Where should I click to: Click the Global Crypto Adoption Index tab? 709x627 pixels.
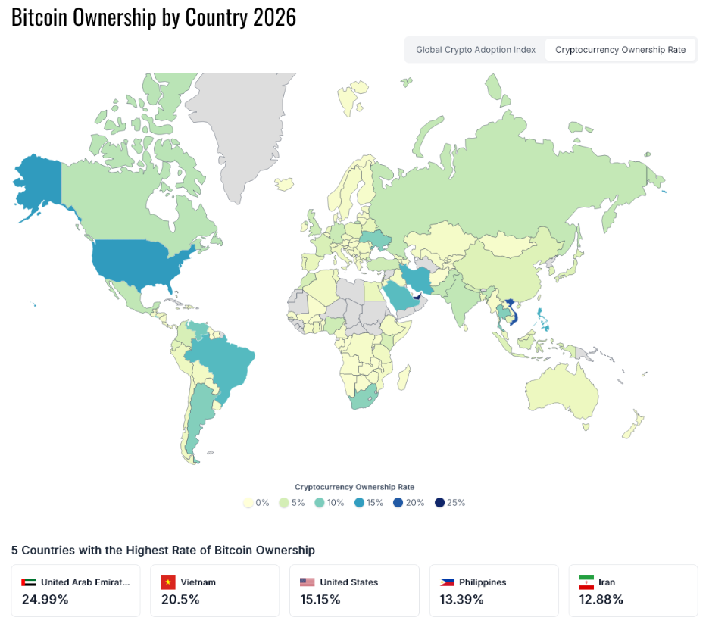pos(476,50)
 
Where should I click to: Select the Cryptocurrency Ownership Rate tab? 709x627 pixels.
pos(620,50)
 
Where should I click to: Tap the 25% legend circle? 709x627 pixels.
pos(439,503)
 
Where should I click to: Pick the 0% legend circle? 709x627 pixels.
pos(248,503)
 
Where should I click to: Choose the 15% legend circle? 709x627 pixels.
pos(359,503)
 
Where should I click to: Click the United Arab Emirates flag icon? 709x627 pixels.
pos(29,582)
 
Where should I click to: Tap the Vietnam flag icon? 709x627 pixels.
pos(168,582)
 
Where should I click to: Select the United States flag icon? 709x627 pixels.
pos(307,582)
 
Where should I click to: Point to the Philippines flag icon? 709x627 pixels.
pos(447,582)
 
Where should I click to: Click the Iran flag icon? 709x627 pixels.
pos(586,582)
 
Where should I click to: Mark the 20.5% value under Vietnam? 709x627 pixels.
pos(180,600)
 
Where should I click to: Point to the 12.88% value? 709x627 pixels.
pos(601,600)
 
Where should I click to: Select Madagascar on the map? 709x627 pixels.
pos(404,376)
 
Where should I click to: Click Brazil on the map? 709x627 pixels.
pos(223,363)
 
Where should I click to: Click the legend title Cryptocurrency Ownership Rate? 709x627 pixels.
pos(354,487)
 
